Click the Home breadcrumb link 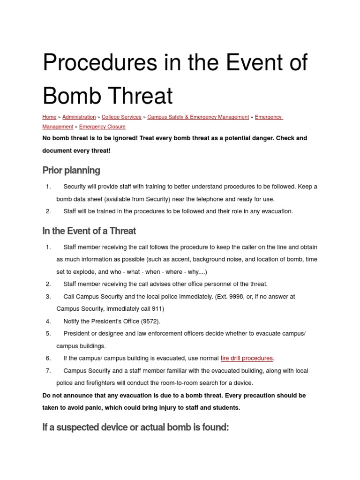click(49, 117)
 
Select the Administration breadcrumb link click(79, 117)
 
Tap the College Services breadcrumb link click(121, 117)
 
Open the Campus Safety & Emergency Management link click(198, 117)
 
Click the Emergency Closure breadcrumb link click(102, 127)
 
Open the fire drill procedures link click(247, 358)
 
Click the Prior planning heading click(71, 170)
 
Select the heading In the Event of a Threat click(89, 231)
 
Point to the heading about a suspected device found click(135, 427)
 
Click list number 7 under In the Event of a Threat click(48, 371)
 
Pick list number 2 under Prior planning click(48, 211)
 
